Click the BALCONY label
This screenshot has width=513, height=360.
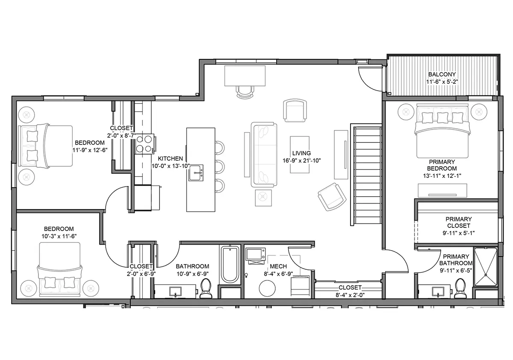tap(442, 74)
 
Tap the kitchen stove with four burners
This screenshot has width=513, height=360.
tap(144, 144)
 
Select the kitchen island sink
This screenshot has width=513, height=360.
tap(196, 173)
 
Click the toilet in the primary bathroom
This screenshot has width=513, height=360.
tap(460, 288)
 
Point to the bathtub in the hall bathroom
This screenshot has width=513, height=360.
tap(230, 264)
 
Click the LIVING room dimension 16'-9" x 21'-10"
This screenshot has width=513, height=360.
tap(301, 160)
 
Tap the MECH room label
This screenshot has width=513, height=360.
tap(278, 266)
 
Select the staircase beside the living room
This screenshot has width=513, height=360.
tap(368, 176)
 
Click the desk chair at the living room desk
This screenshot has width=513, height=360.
tap(245, 91)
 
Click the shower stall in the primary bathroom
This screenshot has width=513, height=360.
tap(485, 267)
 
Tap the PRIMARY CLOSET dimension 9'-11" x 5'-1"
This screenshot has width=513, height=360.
tap(458, 233)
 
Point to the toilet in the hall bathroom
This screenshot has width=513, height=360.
tap(206, 288)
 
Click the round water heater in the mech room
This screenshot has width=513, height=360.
tap(267, 288)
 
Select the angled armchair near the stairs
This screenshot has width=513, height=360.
tap(332, 197)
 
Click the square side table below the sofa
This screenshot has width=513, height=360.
tap(263, 198)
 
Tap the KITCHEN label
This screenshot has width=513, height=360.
tap(171, 159)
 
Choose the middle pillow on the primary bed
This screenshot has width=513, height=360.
tap(443, 118)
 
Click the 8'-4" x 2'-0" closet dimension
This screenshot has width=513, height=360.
tap(350, 295)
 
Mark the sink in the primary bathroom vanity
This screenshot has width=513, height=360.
tap(438, 292)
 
